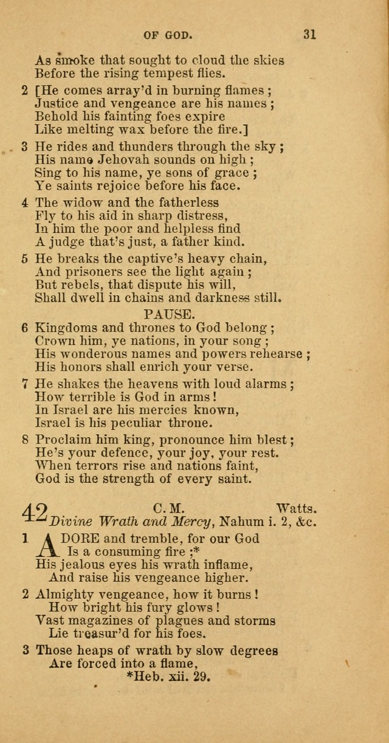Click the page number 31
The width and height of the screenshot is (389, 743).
coord(309,35)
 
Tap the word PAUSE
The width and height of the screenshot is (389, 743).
coord(168,314)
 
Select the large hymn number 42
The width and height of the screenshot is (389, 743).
coord(36,512)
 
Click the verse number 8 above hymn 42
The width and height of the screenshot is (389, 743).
coord(25,440)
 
